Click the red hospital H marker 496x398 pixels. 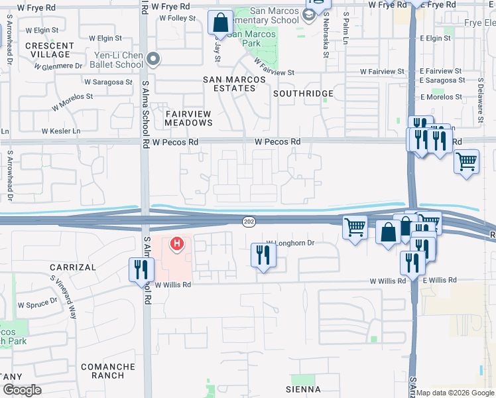click(x=177, y=245)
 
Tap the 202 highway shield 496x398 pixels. click(x=249, y=221)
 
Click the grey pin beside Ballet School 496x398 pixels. click(x=154, y=60)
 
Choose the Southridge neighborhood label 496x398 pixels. click(x=303, y=94)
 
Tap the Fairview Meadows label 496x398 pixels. click(x=188, y=118)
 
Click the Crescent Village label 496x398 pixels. click(x=48, y=50)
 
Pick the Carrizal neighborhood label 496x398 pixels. click(x=73, y=267)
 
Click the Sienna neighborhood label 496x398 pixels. click(x=303, y=389)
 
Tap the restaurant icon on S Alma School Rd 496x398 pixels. click(x=141, y=269)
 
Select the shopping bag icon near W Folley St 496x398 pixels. click(x=219, y=23)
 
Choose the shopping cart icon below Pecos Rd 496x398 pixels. click(x=467, y=161)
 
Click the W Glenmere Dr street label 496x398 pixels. click(x=59, y=66)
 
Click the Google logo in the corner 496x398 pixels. click(x=22, y=390)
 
